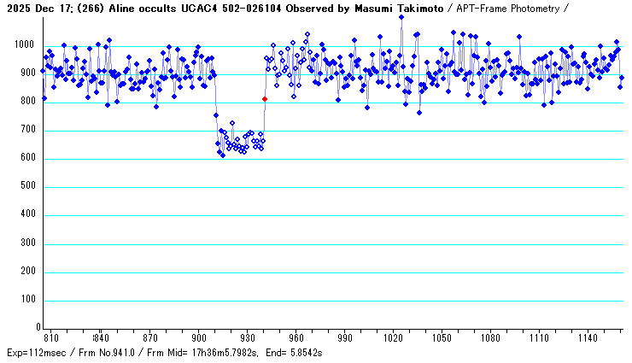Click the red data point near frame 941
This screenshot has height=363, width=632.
[265, 99]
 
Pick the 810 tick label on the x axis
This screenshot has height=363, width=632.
[51, 337]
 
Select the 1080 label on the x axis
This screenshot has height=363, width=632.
[493, 337]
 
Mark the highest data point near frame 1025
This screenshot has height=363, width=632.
[401, 17]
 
